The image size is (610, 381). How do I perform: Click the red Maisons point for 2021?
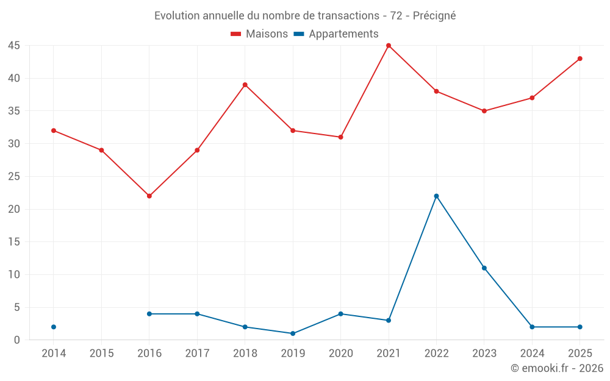(x=388, y=46)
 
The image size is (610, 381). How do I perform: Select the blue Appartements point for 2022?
(x=436, y=196)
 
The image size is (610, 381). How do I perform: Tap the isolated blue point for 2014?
(x=54, y=327)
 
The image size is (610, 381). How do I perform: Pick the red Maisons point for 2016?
(x=149, y=196)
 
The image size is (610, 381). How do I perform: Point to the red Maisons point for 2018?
(x=245, y=85)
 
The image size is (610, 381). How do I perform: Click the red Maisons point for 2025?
(x=579, y=59)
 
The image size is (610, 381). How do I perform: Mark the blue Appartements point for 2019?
(x=293, y=333)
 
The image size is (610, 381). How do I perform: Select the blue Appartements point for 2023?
(x=484, y=268)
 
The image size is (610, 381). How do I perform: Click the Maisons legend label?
(x=267, y=34)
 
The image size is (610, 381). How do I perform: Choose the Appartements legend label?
(x=343, y=34)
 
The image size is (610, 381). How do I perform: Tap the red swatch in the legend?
(x=235, y=34)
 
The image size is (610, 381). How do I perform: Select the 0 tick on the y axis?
(x=16, y=340)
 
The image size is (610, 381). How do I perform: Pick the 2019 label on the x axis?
(x=293, y=354)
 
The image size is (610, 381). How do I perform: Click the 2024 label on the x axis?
(x=532, y=354)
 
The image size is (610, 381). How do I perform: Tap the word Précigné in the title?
(x=434, y=16)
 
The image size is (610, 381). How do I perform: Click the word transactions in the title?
(x=348, y=16)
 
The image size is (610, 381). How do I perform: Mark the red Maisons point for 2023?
(x=484, y=111)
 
